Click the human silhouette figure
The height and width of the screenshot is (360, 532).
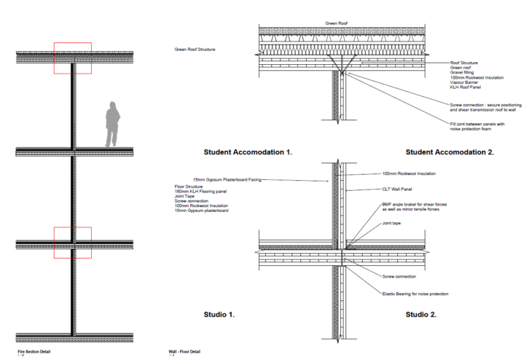tap(112, 123)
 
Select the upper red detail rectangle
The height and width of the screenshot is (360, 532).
tap(73, 58)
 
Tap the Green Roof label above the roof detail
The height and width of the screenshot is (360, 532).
tap(336, 23)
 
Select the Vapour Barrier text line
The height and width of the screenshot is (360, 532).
tap(467, 82)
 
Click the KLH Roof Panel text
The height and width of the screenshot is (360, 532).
tap(466, 87)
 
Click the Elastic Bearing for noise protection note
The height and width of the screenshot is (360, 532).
tap(415, 294)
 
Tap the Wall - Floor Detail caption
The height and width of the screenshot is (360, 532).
tap(187, 352)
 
